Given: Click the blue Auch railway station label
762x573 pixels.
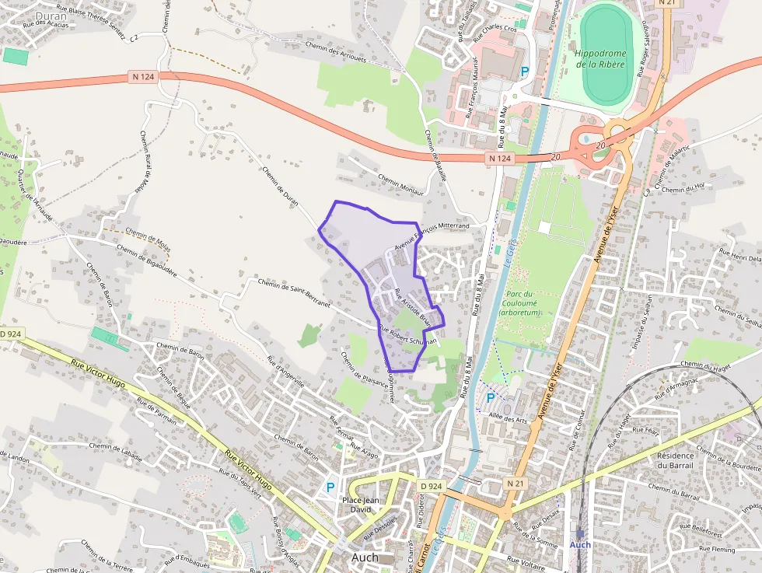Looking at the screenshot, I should point(580,544).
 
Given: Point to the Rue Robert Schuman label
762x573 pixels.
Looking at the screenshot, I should point(407,336).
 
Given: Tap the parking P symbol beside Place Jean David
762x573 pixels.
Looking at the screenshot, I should point(330,487).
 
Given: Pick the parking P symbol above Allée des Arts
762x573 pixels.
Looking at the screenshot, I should point(490,397).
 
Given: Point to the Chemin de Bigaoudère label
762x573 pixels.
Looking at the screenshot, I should point(147,260).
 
